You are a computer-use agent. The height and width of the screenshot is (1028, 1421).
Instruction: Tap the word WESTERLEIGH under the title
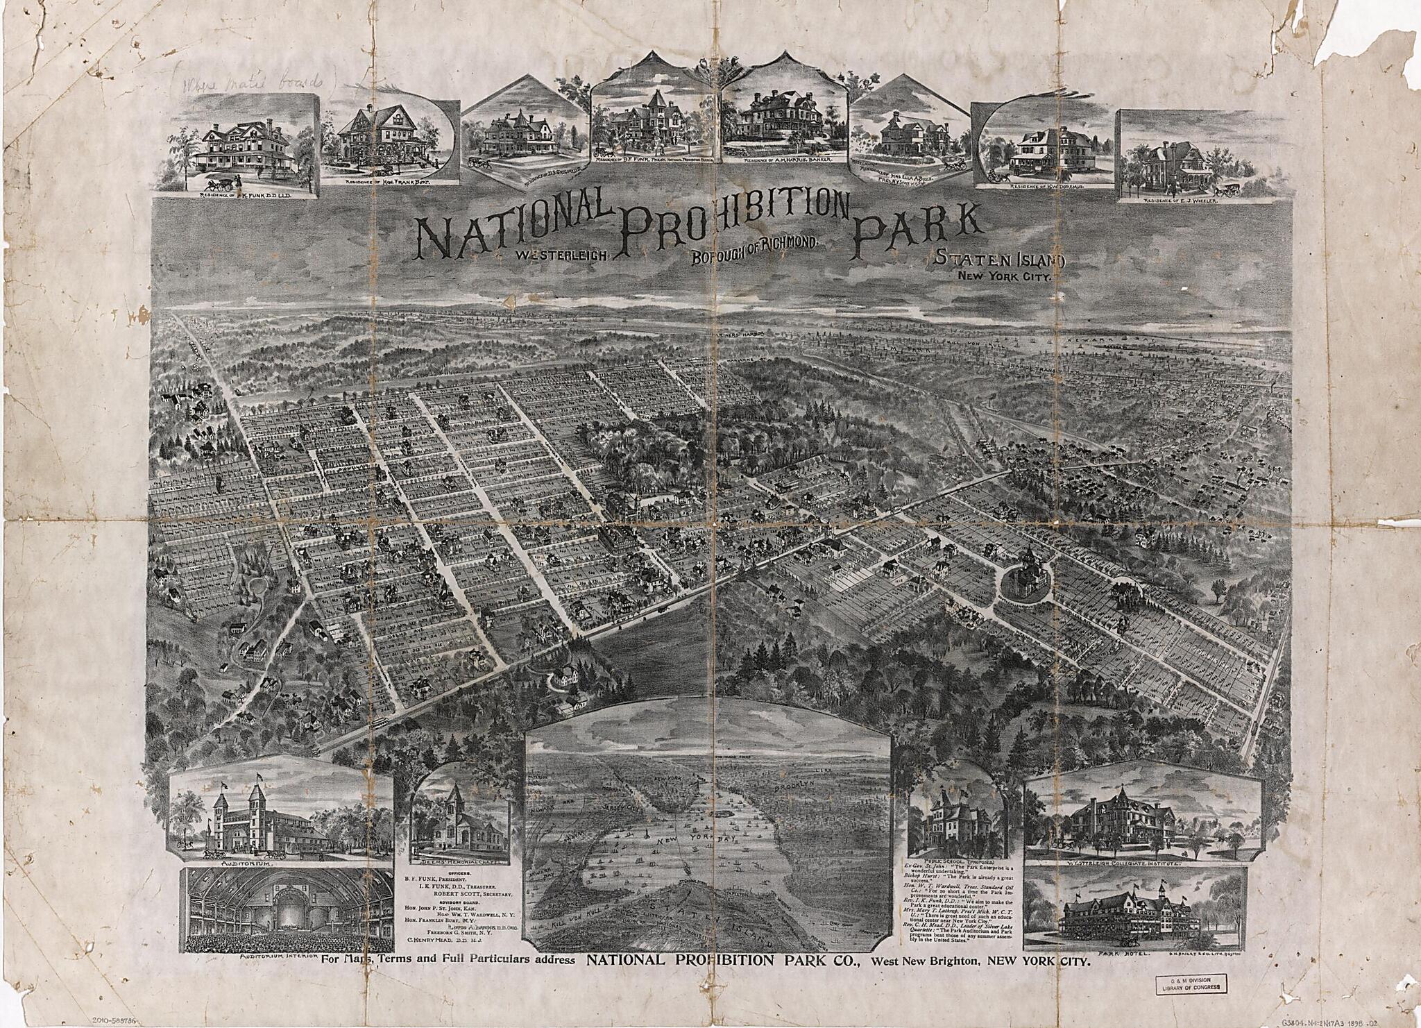561,255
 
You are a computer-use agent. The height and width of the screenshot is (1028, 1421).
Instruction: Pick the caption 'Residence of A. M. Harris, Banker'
788,160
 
